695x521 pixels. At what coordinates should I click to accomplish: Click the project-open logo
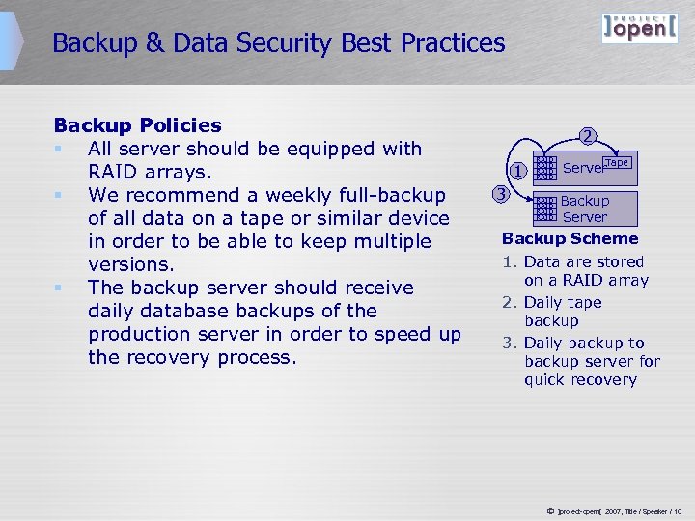tap(639, 28)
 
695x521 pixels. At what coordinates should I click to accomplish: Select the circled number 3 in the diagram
tap(500, 193)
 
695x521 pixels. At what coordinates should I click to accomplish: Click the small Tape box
tap(617, 162)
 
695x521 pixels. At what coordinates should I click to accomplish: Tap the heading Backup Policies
tap(137, 125)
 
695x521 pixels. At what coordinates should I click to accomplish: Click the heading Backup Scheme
tap(570, 238)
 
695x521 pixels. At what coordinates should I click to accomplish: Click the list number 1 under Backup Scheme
tap(510, 261)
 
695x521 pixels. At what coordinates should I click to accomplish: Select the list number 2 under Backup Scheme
tap(510, 302)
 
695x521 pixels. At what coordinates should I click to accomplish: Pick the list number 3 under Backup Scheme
tap(510, 343)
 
